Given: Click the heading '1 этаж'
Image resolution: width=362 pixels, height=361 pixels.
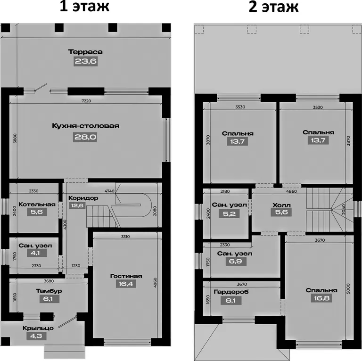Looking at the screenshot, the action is click(x=84, y=7).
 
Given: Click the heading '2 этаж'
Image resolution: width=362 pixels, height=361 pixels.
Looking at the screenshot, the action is click(x=273, y=7).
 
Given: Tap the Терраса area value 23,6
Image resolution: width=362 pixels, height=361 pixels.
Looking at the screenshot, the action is click(x=86, y=61).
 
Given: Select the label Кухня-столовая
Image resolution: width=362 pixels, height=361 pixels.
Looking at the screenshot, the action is click(x=85, y=126).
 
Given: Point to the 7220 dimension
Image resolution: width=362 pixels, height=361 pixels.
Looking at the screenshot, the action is click(x=86, y=101).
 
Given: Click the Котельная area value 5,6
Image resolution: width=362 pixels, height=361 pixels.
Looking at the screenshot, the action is click(x=37, y=212).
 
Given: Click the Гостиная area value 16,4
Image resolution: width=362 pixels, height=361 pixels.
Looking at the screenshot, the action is click(x=126, y=284).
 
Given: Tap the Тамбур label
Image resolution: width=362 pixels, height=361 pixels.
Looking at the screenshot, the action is click(x=49, y=291).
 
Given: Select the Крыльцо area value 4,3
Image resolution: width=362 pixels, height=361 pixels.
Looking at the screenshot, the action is click(x=36, y=336).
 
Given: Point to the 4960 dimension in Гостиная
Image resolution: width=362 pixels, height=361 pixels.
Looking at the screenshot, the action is click(x=155, y=282).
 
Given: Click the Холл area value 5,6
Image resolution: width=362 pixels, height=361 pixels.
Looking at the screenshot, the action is click(x=281, y=212).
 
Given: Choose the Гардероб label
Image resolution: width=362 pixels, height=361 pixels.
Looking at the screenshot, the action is click(x=231, y=292).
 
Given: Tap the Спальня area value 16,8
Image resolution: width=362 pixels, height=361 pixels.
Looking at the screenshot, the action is click(x=321, y=298).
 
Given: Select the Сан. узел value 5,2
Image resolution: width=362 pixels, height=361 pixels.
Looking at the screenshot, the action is click(x=229, y=214).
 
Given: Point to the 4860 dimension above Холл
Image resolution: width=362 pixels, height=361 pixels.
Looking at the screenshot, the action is click(x=291, y=191).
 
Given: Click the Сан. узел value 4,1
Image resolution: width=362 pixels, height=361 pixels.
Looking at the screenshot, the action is click(x=37, y=253).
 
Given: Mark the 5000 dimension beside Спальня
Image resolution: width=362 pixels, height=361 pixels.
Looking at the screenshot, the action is click(x=348, y=288).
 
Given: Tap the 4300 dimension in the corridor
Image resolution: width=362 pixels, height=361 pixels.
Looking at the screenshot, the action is click(x=65, y=224).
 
